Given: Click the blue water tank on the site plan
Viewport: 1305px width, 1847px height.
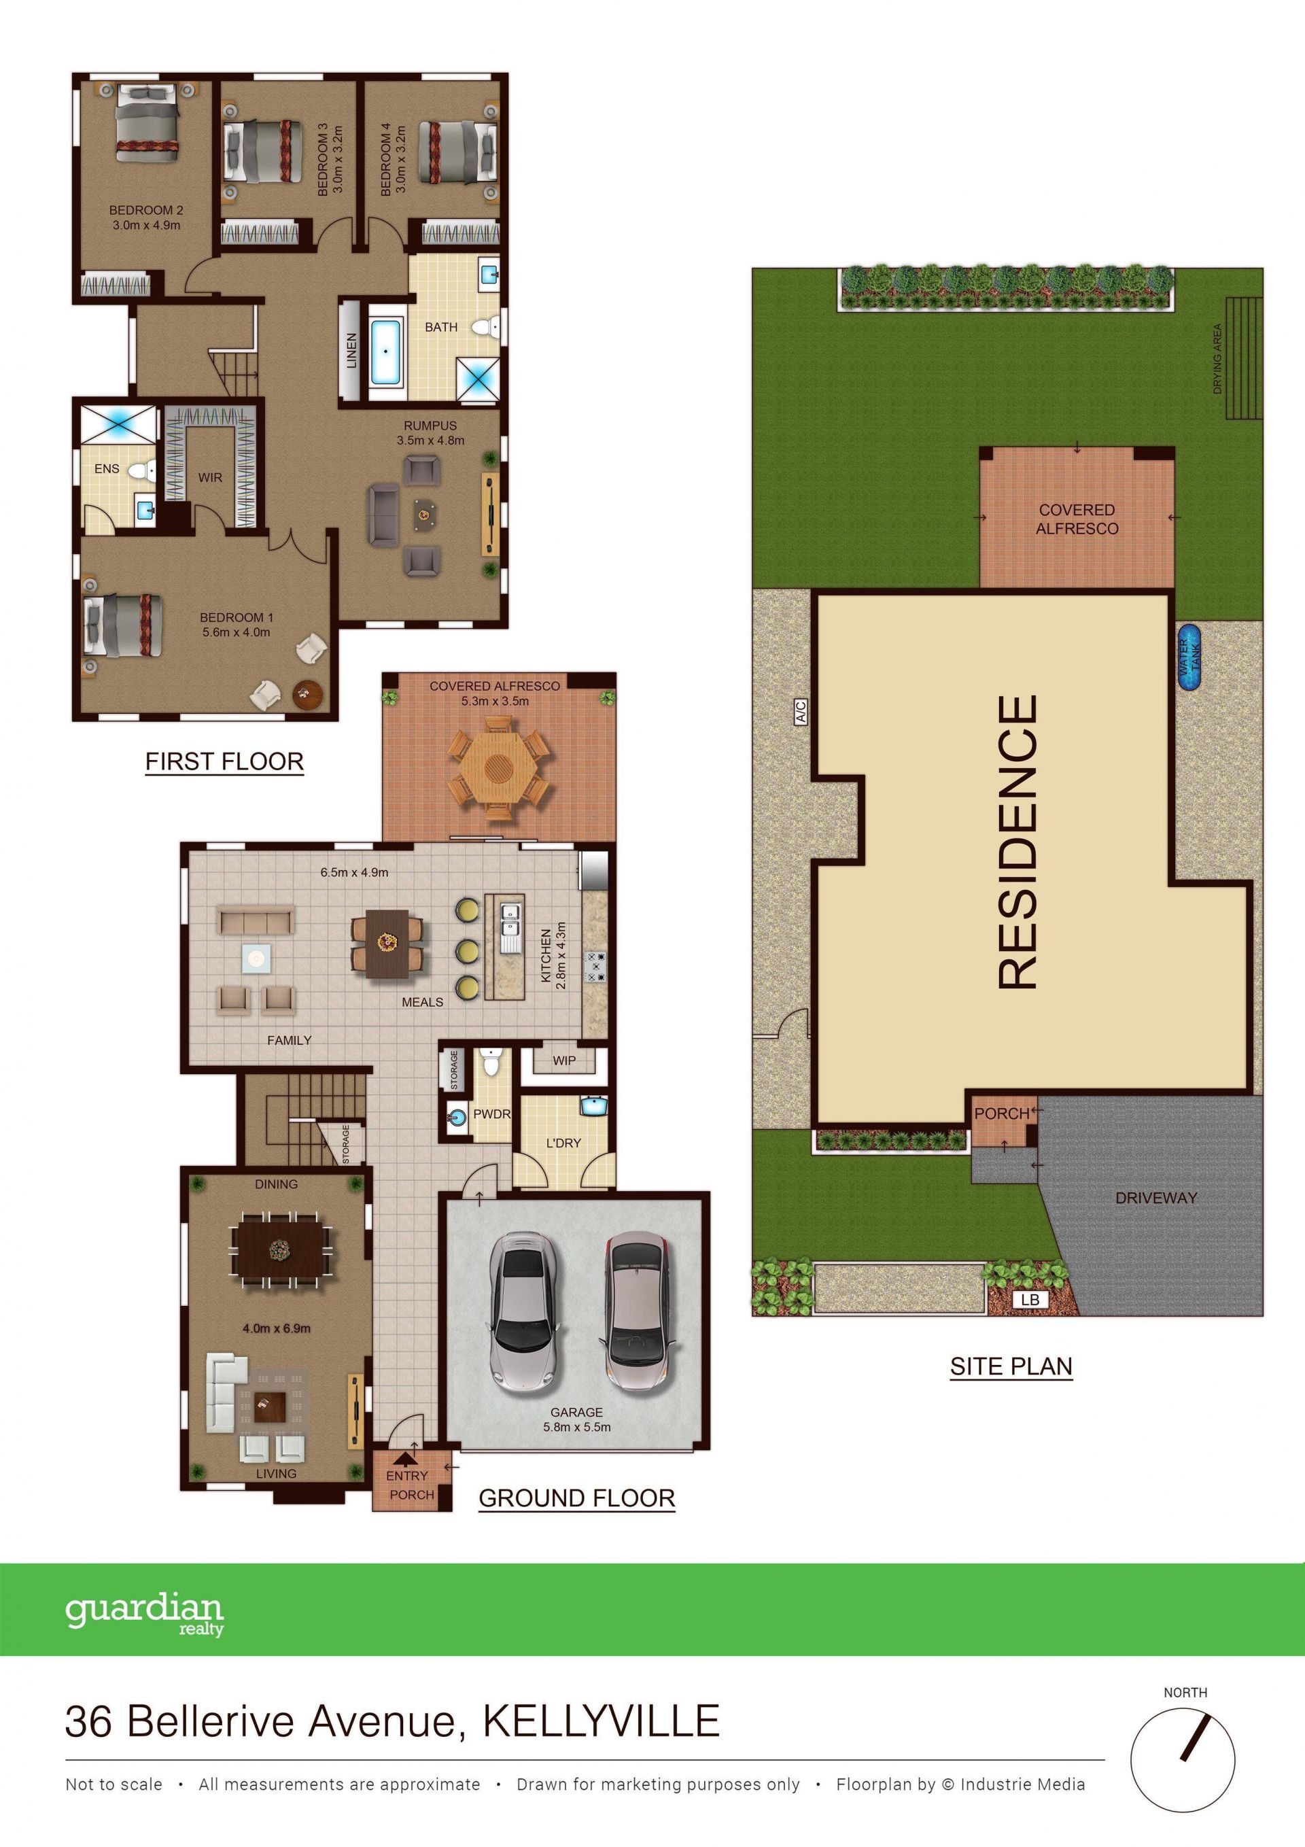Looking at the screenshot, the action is [x=1189, y=657].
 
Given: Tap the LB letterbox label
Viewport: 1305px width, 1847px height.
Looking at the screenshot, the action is [x=1030, y=1299].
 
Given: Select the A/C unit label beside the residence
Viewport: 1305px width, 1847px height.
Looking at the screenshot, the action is [x=801, y=711].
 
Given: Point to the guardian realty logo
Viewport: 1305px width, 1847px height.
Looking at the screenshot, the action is [x=144, y=1615].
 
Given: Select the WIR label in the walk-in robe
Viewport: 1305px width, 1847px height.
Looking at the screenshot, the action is [x=210, y=477].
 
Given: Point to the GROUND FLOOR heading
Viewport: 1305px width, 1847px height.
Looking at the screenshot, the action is [x=577, y=1498].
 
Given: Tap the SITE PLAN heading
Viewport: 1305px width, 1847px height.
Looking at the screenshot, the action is [x=1011, y=1366].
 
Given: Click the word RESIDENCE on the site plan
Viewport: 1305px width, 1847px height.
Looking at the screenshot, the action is [x=1017, y=842].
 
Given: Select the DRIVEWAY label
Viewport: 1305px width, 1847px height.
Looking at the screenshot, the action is [x=1156, y=1198].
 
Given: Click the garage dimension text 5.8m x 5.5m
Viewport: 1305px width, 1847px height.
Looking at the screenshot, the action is [x=577, y=1427].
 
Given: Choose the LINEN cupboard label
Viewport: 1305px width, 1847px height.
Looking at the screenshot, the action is [x=351, y=351].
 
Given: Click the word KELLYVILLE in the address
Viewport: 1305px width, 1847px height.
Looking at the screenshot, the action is [x=601, y=1721].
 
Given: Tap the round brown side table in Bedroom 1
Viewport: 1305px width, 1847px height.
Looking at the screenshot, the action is [x=308, y=694].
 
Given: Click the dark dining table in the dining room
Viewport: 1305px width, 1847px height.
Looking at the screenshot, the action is [x=281, y=1250].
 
